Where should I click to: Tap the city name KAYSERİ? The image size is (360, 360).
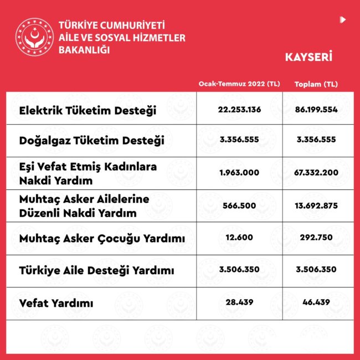pyautogui.click(x=308, y=56)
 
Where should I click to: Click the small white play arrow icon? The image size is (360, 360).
pyautogui.click(x=343, y=20)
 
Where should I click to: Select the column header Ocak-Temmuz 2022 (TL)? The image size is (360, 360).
pyautogui.click(x=239, y=84)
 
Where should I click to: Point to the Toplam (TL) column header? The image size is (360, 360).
pyautogui.click(x=316, y=84)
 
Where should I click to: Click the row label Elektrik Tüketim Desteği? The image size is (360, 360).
pyautogui.click(x=88, y=110)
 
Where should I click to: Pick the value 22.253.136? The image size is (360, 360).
pyautogui.click(x=239, y=109)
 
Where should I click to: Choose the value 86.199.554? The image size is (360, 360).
pyautogui.click(x=316, y=109)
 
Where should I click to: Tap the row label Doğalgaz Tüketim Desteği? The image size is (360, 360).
pyautogui.click(x=91, y=141)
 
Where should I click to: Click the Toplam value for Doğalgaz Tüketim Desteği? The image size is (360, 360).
pyautogui.click(x=316, y=140)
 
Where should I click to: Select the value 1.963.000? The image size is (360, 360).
pyautogui.click(x=239, y=172)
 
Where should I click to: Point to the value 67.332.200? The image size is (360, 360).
pyautogui.click(x=316, y=172)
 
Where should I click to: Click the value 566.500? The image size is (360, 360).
pyautogui.click(x=239, y=205)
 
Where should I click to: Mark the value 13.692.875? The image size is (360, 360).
pyautogui.click(x=316, y=205)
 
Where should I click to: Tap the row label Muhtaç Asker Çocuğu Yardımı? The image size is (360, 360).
pyautogui.click(x=101, y=239)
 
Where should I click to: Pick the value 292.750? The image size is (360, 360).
pyautogui.click(x=316, y=238)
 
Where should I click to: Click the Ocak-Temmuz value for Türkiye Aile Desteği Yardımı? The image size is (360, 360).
pyautogui.click(x=239, y=270)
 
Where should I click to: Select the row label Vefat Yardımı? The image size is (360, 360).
pyautogui.click(x=56, y=304)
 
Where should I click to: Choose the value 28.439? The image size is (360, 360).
pyautogui.click(x=239, y=302)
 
